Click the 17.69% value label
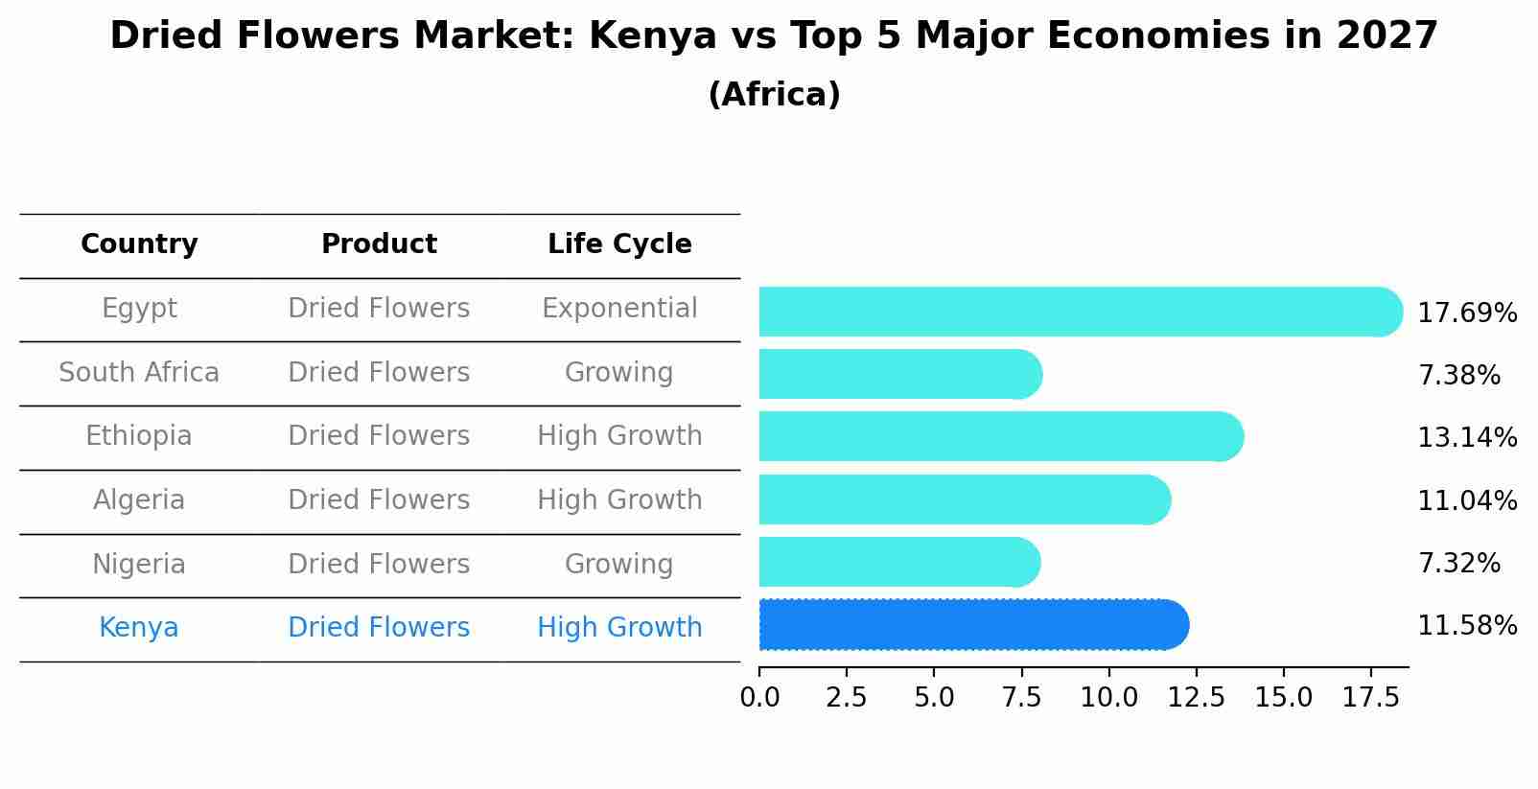click(1466, 313)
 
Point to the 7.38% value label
click(1458, 376)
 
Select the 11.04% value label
click(1466, 501)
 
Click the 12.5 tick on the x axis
click(1196, 698)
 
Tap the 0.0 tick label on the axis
click(759, 698)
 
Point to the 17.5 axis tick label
click(1371, 698)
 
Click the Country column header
click(139, 244)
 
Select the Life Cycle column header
click(619, 244)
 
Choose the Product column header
click(379, 244)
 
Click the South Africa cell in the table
click(139, 373)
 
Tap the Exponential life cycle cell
click(619, 309)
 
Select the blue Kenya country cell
click(139, 628)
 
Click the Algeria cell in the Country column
click(139, 500)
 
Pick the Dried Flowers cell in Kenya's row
click(379, 628)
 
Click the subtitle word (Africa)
click(774, 95)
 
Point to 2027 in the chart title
click(1387, 36)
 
